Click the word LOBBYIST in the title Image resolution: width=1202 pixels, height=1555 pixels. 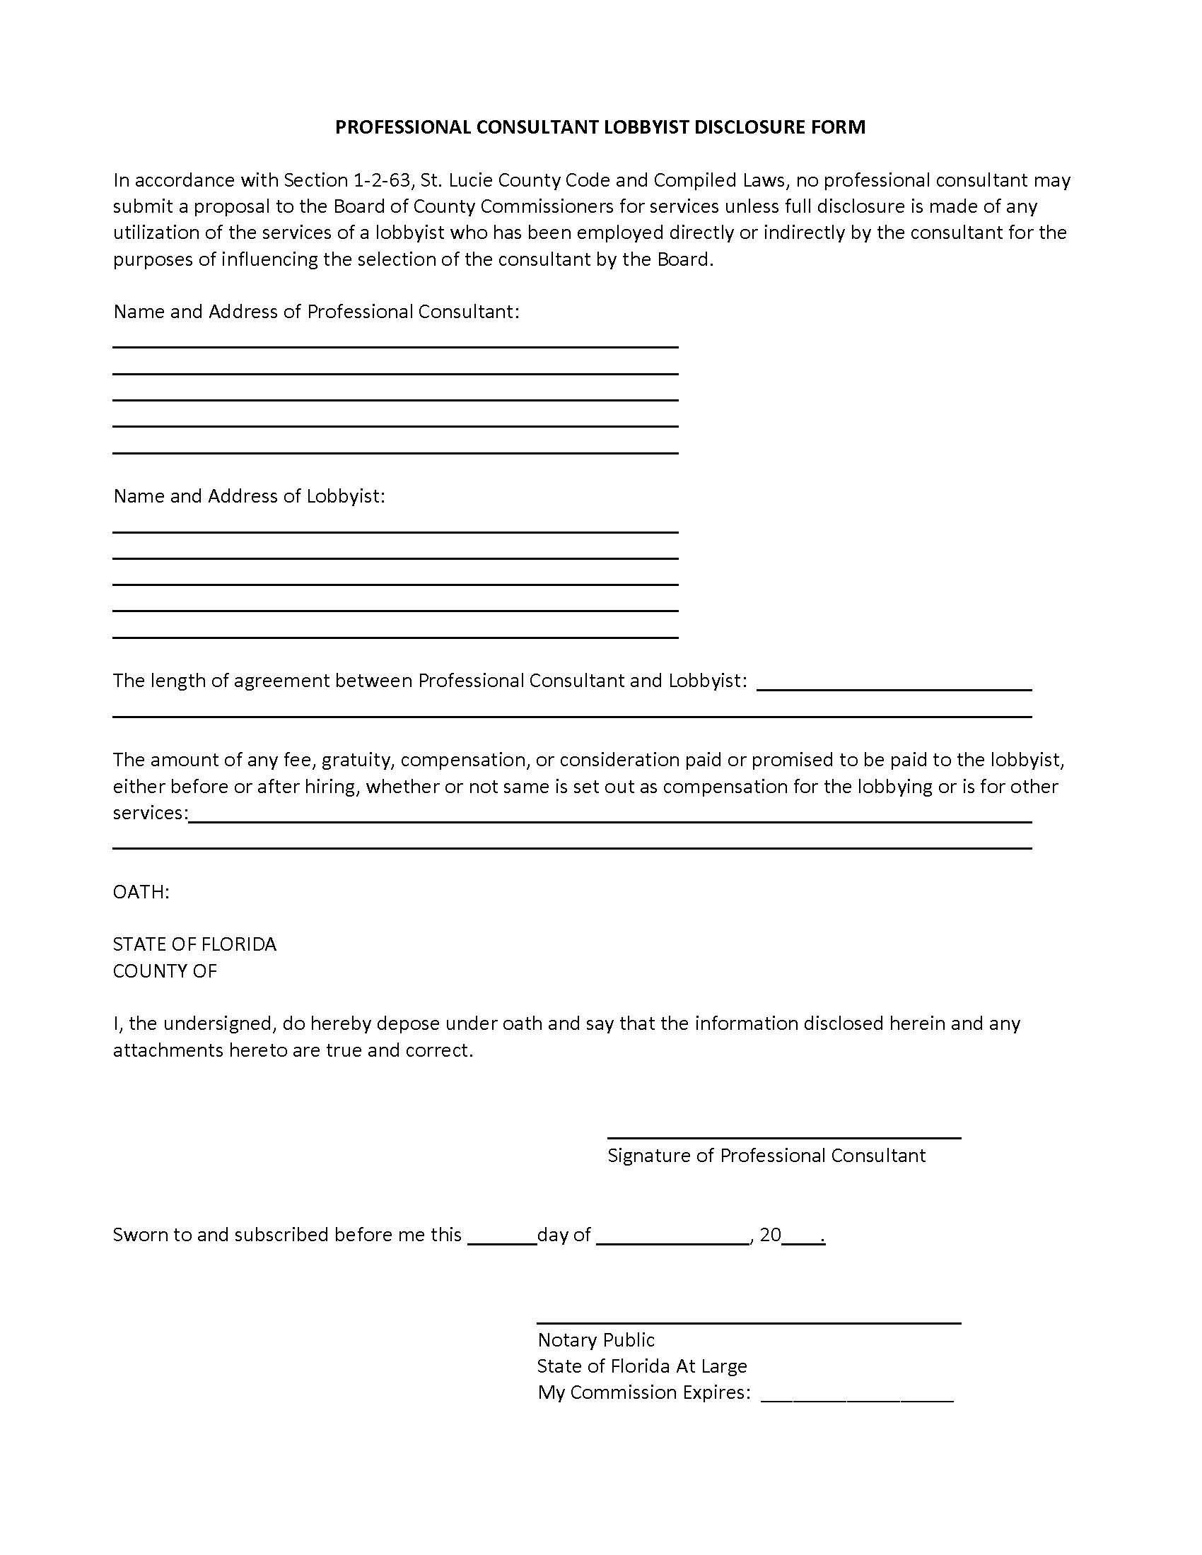(647, 127)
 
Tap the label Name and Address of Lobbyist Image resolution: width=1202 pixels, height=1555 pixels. (248, 496)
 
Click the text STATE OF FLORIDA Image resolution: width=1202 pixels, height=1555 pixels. (194, 944)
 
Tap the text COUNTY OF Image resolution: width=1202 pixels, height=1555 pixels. (165, 971)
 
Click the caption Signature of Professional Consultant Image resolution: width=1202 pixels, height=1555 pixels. (766, 1156)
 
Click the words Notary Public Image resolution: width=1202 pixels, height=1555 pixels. (596, 1340)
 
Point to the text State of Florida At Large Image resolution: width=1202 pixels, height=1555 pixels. (641, 1366)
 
